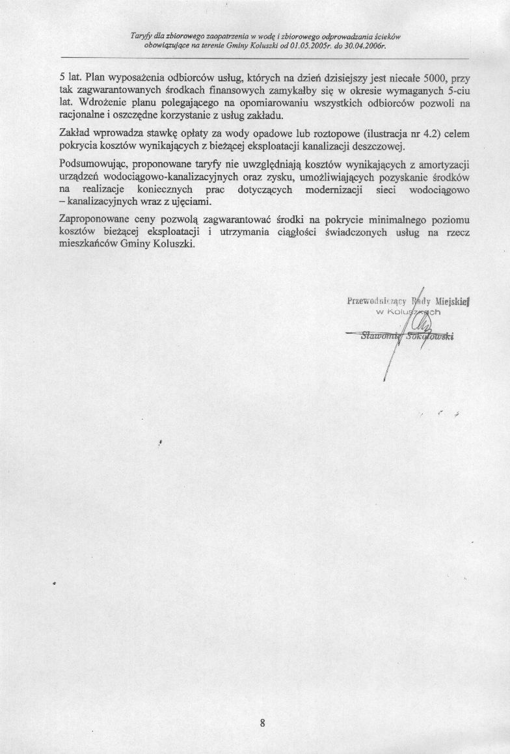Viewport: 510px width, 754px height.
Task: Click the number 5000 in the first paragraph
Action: pos(429,77)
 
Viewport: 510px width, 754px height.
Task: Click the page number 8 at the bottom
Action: pos(262,723)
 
